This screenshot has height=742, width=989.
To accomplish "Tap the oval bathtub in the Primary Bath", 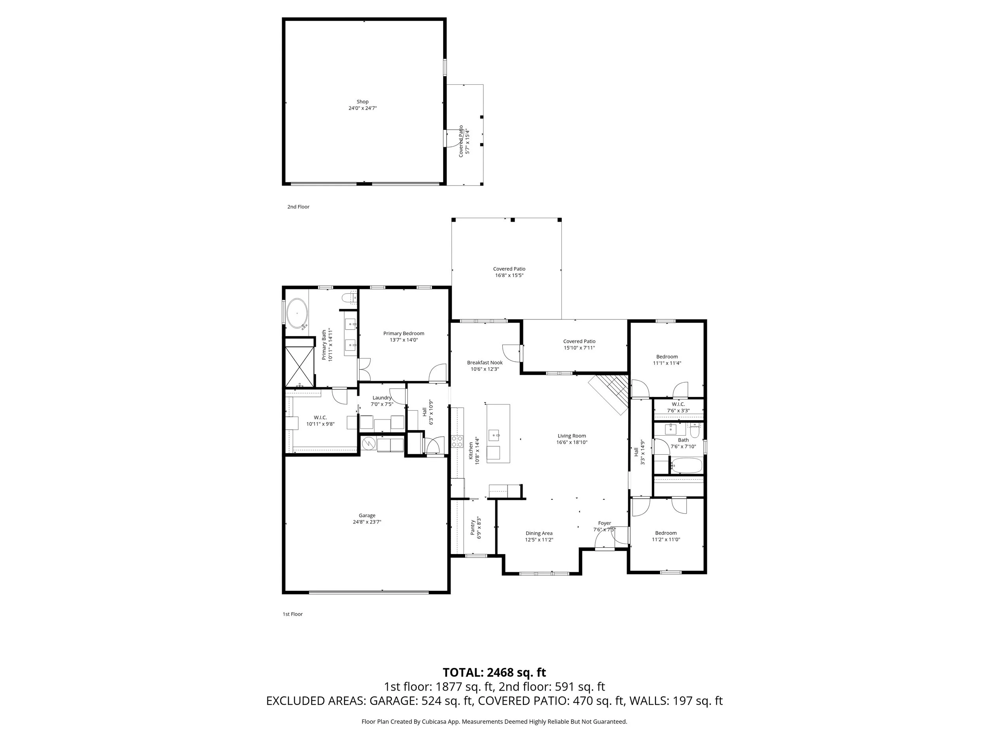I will pyautogui.click(x=297, y=313).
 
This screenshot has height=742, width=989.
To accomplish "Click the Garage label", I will pyautogui.click(x=367, y=515).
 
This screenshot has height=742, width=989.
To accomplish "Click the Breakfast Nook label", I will pyautogui.click(x=485, y=363).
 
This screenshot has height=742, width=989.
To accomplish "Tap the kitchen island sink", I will pyautogui.click(x=494, y=433).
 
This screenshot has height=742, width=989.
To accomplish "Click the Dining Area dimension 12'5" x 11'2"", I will pyautogui.click(x=539, y=540).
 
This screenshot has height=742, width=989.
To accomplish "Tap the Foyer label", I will pyautogui.click(x=604, y=523).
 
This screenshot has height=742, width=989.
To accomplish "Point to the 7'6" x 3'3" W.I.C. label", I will pyautogui.click(x=678, y=408).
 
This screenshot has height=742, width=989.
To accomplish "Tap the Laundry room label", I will pyautogui.click(x=382, y=398).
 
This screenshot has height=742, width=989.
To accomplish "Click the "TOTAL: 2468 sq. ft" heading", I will pyautogui.click(x=494, y=672).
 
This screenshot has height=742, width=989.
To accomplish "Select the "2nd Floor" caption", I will pyautogui.click(x=298, y=207).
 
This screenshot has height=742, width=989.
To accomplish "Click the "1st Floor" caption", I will pyautogui.click(x=292, y=614).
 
